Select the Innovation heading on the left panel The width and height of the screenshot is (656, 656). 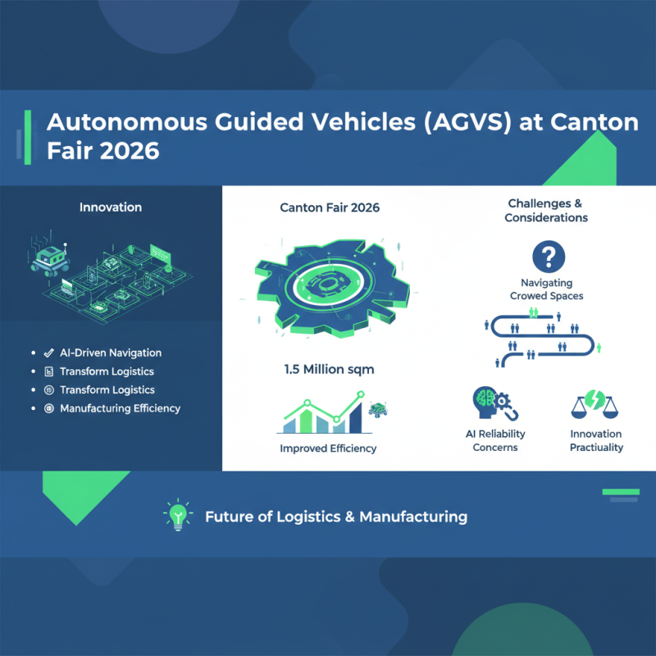tap(110, 207)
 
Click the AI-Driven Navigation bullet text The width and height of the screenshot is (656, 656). tap(111, 353)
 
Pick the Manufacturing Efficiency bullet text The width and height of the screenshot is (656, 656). tap(120, 408)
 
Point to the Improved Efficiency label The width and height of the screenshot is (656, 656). tap(328, 449)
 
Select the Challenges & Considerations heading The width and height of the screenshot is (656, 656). tap(546, 211)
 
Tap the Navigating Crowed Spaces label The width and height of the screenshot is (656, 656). tap(546, 289)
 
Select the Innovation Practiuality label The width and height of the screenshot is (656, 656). tap(596, 440)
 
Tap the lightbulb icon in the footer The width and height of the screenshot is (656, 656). tap(177, 516)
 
